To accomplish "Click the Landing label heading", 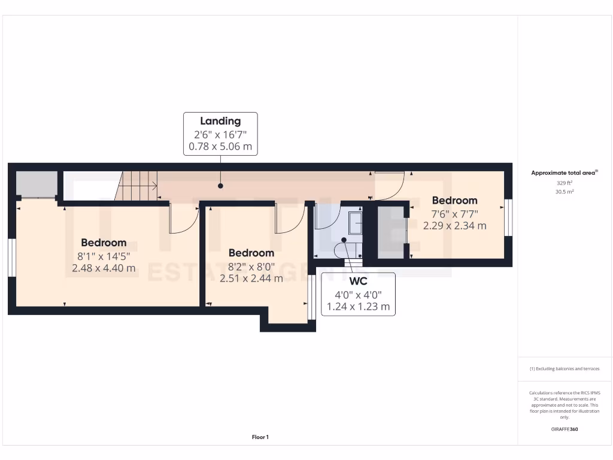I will [220, 121].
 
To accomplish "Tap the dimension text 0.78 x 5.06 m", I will [220, 146].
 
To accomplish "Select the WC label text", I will [359, 281].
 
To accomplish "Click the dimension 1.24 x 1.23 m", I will [359, 307].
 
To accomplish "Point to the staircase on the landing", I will [138, 185].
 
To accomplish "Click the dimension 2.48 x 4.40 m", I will [104, 268].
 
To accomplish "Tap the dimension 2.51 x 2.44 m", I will [251, 278].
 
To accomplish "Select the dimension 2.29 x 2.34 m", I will [454, 226].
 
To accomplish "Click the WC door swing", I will [327, 218].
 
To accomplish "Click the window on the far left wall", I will [11, 258].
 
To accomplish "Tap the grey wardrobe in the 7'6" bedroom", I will [391, 232].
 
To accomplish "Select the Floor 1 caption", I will [260, 437].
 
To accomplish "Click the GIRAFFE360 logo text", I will [565, 429].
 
